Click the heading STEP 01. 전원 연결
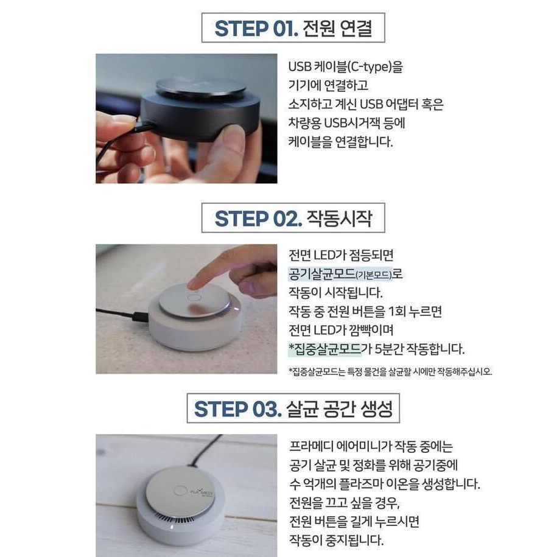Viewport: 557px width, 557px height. point(293,28)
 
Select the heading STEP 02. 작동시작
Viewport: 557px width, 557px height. point(293,218)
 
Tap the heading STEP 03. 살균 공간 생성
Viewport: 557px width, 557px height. point(293,408)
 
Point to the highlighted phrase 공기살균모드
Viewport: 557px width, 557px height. point(322,274)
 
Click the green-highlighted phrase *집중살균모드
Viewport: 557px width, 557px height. point(324,349)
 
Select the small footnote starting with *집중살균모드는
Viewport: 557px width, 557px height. point(390,371)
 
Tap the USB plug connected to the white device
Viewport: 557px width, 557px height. point(139,317)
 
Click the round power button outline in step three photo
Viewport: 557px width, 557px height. point(180,491)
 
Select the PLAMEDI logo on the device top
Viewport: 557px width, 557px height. point(201,492)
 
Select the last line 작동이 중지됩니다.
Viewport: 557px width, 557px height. point(336,541)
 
